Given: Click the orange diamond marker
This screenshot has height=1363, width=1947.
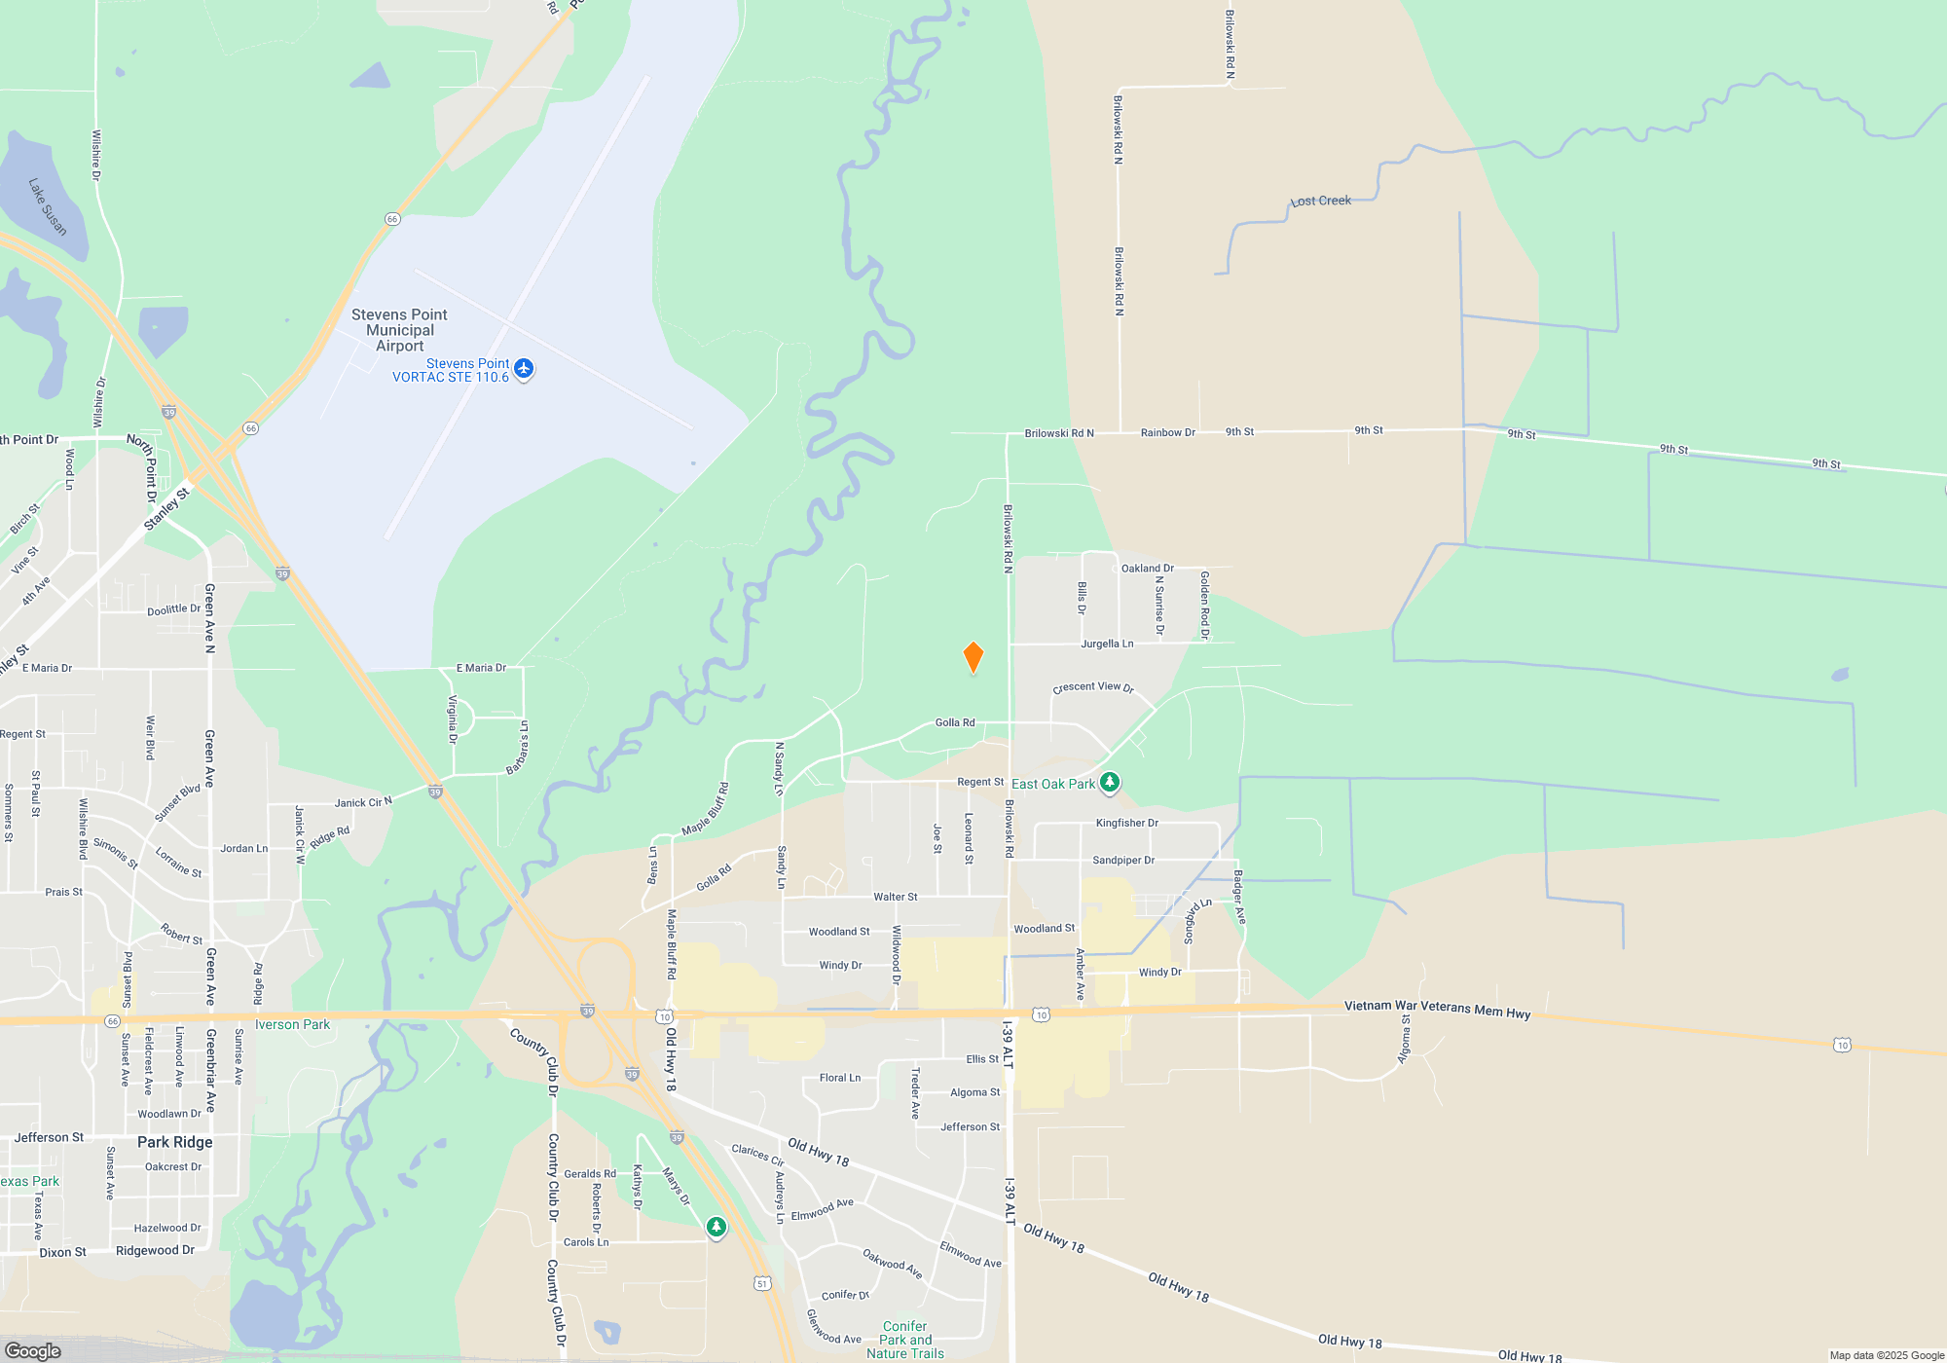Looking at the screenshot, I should (x=973, y=657).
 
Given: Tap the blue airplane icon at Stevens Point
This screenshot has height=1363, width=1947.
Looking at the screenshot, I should (x=524, y=368).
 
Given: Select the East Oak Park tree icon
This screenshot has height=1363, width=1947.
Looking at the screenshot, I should (x=1109, y=783).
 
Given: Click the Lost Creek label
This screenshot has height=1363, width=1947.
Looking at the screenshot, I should (x=1321, y=201).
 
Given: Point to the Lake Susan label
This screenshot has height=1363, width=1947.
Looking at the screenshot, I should (x=48, y=206).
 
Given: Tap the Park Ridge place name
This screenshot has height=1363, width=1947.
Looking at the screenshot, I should (x=174, y=1142).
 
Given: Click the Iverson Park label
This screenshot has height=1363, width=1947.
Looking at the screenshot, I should (x=292, y=1024).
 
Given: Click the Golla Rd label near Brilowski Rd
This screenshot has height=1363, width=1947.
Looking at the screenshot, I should (x=954, y=722).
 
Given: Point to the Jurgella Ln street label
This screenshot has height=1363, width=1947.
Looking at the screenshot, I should (x=1107, y=644).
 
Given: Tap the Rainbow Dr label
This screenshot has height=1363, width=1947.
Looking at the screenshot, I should (x=1167, y=432).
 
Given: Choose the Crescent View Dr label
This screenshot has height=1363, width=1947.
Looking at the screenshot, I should (x=1093, y=686).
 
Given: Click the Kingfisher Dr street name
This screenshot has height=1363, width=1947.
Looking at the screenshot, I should (x=1126, y=823).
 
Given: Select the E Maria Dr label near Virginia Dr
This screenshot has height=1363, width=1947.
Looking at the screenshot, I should (x=481, y=668).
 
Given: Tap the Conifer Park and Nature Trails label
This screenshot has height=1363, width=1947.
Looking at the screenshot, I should (x=905, y=1340).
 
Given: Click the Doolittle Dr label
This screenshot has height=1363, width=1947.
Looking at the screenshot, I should (x=173, y=610).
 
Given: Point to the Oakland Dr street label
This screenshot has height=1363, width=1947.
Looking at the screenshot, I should (x=1147, y=568).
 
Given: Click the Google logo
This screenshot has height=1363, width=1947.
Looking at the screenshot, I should (x=33, y=1350).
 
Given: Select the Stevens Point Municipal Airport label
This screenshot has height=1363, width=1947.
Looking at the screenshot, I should (x=399, y=330).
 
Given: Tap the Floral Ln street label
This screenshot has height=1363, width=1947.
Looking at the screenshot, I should (x=839, y=1078).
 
